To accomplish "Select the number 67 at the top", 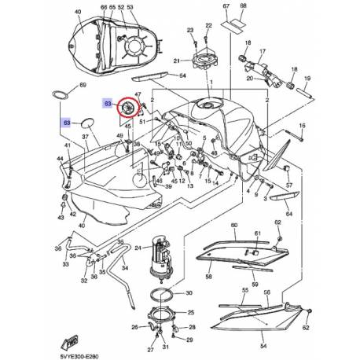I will coord(226,7).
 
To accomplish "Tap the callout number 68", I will coord(242,7).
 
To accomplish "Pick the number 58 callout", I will coord(208,277).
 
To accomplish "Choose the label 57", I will coord(288,186).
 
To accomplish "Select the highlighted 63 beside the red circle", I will coord(108,103).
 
